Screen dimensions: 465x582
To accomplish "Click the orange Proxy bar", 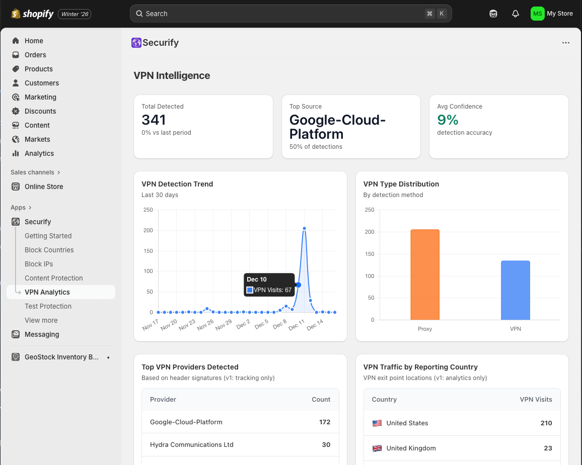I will pyautogui.click(x=424, y=274).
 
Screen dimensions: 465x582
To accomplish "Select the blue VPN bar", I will pyautogui.click(x=515, y=290).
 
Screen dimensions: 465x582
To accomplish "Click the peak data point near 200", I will pyautogui.click(x=305, y=228).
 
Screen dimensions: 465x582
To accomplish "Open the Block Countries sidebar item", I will pyautogui.click(x=49, y=250).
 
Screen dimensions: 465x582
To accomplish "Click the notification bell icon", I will pyautogui.click(x=515, y=14).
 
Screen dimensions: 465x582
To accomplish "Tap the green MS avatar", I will pyautogui.click(x=537, y=14).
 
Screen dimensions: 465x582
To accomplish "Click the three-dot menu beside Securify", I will pyautogui.click(x=566, y=43).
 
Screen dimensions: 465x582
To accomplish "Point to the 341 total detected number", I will pyautogui.click(x=154, y=120).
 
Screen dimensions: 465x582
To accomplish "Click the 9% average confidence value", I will pyautogui.click(x=448, y=120).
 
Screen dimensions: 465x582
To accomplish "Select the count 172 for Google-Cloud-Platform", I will pyautogui.click(x=325, y=422).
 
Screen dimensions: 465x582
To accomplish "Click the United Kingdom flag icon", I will pyautogui.click(x=377, y=448).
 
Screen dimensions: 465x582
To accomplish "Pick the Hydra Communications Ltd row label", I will pyautogui.click(x=191, y=444).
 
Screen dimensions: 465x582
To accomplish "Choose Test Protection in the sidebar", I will pyautogui.click(x=48, y=306).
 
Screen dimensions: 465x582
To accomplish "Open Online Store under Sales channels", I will pyautogui.click(x=44, y=187).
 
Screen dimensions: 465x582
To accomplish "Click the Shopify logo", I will pyautogui.click(x=33, y=14).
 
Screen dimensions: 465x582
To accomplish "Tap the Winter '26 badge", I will pyautogui.click(x=75, y=14).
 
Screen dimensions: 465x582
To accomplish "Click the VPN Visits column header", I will pyautogui.click(x=536, y=399).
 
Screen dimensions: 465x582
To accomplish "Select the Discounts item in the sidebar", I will pyautogui.click(x=40, y=111).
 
